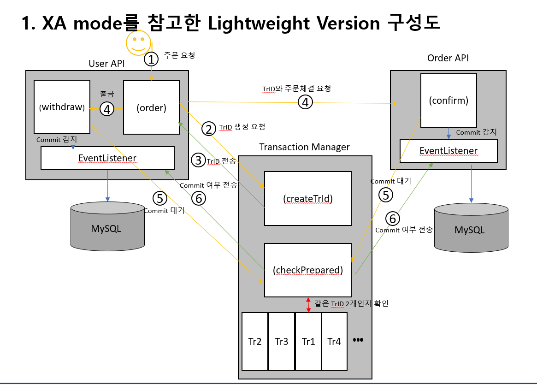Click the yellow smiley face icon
pyautogui.click(x=138, y=43)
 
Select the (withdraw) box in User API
pyautogui.click(x=62, y=107)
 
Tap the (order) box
pyautogui.click(x=151, y=107)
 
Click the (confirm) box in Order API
pyautogui.click(x=448, y=101)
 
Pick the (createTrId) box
pyautogui.click(x=308, y=198)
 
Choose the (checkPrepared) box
pyautogui.click(x=308, y=270)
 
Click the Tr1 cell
pyautogui.click(x=308, y=342)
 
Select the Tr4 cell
pyautogui.click(x=334, y=342)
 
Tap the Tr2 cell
pyautogui.click(x=255, y=342)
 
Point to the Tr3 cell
pyautogui.click(x=282, y=342)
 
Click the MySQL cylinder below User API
pyautogui.click(x=107, y=226)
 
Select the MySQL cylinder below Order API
pyautogui.click(x=471, y=228)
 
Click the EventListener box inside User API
pyautogui.click(x=107, y=158)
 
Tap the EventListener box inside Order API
pyautogui.click(x=448, y=151)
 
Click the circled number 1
pyautogui.click(x=151, y=59)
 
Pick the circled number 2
pyautogui.click(x=208, y=129)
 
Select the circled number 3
pyautogui.click(x=198, y=160)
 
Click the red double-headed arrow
pyautogui.click(x=308, y=304)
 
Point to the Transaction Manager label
pyautogui.click(x=305, y=147)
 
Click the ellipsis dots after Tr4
pyautogui.click(x=358, y=340)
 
